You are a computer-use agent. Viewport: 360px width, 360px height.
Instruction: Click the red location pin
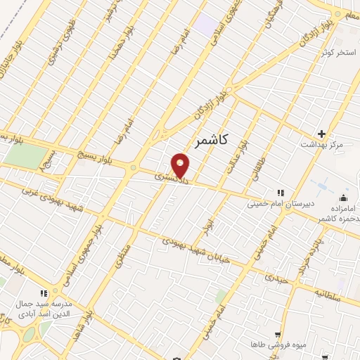tap(181, 166)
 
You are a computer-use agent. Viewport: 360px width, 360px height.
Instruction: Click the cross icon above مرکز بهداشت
tap(322, 134)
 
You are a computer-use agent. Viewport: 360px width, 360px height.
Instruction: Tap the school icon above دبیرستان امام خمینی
tap(281, 193)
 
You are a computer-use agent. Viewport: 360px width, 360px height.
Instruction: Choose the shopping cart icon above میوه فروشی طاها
tap(278, 335)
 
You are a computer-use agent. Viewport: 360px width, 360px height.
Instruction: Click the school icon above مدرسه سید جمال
tap(43, 293)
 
